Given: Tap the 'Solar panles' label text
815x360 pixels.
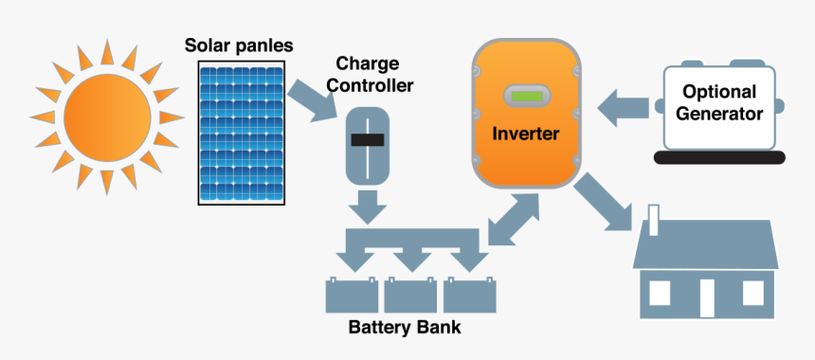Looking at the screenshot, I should pyautogui.click(x=239, y=45).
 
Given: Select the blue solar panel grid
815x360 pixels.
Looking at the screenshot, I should pyautogui.click(x=242, y=132).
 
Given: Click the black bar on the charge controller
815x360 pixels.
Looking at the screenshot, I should pyautogui.click(x=367, y=140).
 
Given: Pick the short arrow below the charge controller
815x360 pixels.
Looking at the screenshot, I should pyautogui.click(x=367, y=205).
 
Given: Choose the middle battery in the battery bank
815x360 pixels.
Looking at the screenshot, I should pyautogui.click(x=411, y=297).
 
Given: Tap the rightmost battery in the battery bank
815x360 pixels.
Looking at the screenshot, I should pyautogui.click(x=469, y=297).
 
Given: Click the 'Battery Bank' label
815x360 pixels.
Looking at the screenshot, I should pyautogui.click(x=405, y=329).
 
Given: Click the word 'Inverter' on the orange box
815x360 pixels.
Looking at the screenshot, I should pyautogui.click(x=525, y=134).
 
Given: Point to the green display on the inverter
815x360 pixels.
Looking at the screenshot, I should pyautogui.click(x=526, y=96).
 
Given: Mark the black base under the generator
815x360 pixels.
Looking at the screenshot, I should pyautogui.click(x=722, y=156).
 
